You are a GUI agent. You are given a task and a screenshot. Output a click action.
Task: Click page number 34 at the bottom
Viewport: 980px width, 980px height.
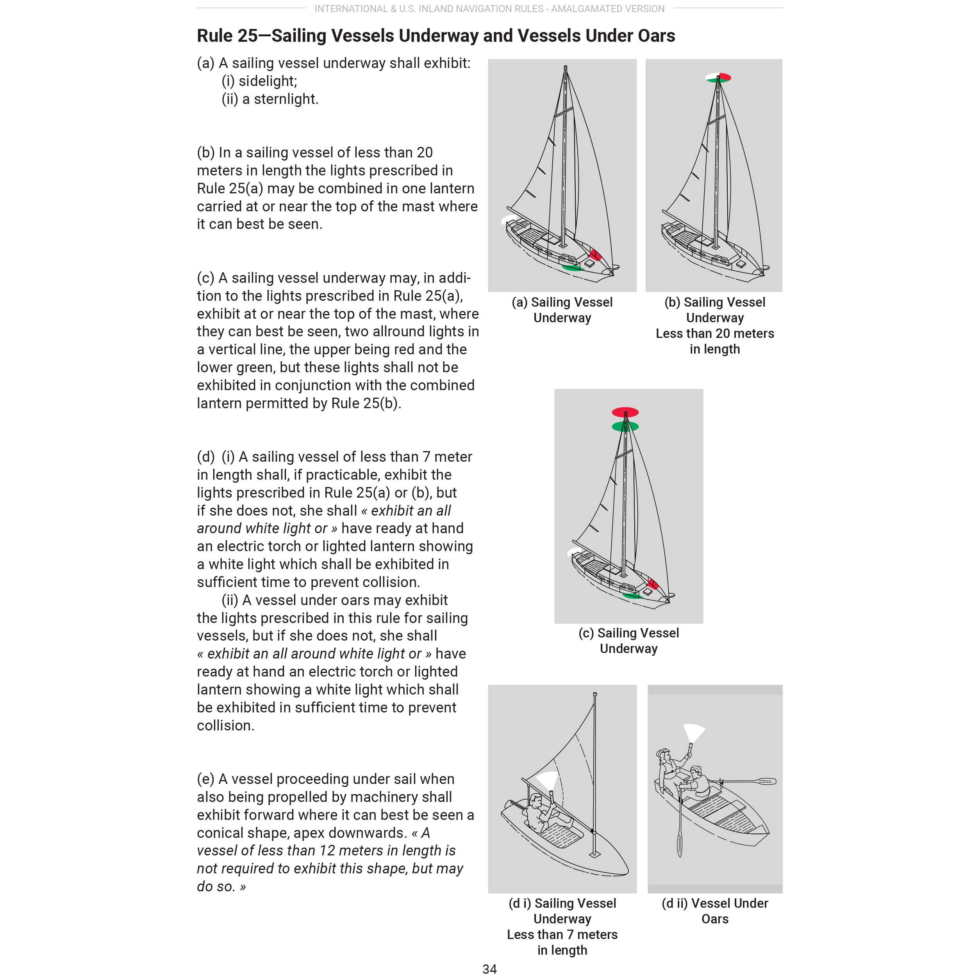489,969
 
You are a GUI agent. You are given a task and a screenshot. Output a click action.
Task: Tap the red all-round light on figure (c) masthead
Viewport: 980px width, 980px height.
625,412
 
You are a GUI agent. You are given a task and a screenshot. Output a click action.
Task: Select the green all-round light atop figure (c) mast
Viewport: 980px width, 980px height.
625,427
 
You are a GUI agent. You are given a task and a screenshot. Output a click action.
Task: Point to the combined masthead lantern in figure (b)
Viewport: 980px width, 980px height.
718,78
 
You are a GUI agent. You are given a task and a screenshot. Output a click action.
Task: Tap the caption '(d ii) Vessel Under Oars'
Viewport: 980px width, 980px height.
715,911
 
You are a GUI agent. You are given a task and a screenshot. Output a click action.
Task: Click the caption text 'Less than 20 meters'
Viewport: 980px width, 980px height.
715,333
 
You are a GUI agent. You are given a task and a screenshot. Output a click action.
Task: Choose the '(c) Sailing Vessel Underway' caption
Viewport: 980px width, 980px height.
628,641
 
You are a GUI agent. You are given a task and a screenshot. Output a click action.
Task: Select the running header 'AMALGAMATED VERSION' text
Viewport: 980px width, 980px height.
608,9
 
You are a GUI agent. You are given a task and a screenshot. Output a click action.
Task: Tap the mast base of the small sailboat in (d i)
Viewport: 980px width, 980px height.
594,854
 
